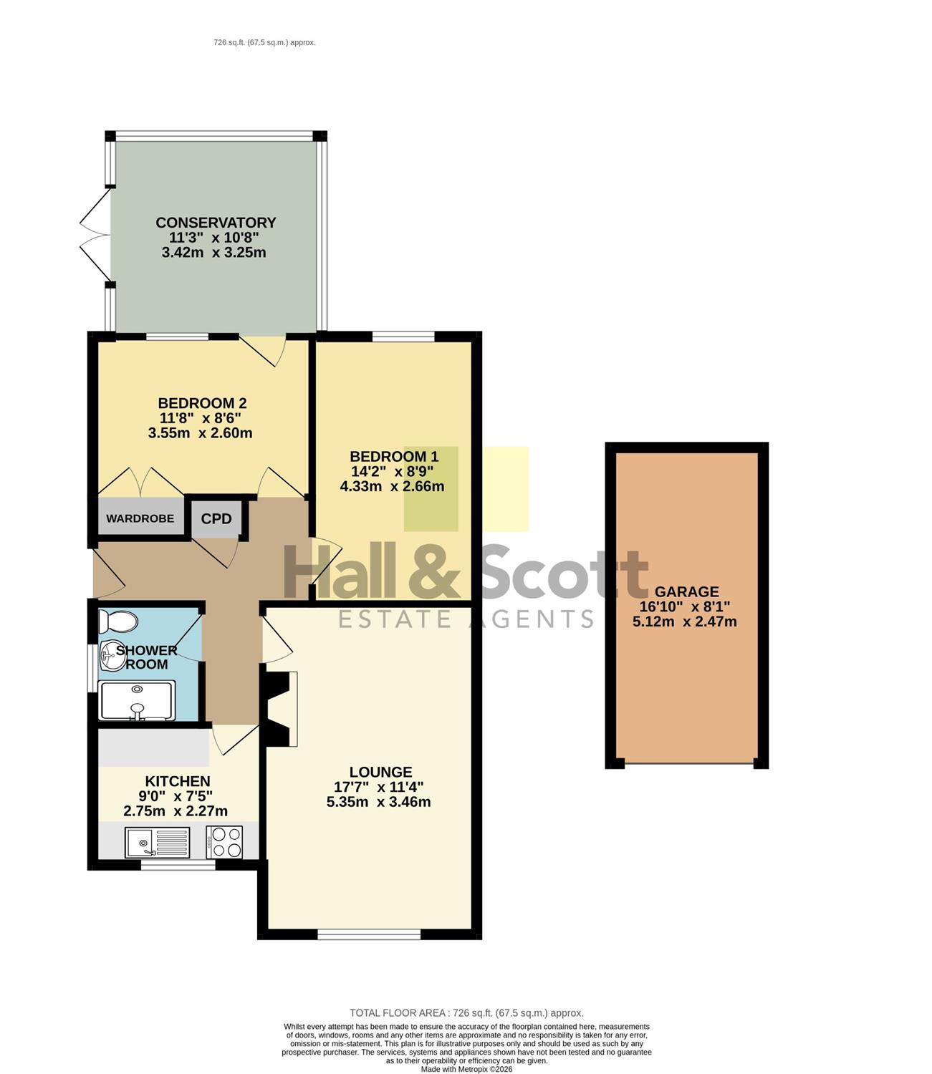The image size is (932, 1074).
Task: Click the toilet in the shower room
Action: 118,621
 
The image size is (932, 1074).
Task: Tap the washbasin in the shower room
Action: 111,655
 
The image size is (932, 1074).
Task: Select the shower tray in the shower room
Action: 137,700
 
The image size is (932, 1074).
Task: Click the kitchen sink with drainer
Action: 158,842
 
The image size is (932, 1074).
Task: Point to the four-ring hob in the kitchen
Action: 225,842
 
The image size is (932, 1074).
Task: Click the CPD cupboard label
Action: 216,518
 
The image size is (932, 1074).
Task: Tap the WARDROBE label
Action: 140,518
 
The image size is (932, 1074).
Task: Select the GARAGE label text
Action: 686,591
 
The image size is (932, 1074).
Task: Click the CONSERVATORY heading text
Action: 216,223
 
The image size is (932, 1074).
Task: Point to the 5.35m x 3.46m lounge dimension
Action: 378,802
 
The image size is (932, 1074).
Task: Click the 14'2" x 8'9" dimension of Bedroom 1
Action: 393,471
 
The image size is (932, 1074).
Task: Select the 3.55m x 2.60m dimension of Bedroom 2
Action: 200,433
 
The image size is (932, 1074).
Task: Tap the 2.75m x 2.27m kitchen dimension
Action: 176,811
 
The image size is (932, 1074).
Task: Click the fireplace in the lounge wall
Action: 279,709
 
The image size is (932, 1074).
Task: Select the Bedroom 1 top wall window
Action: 404,337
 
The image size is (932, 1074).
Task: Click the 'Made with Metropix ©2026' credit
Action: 466,1069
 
